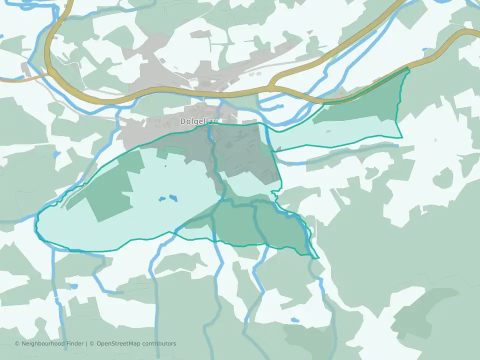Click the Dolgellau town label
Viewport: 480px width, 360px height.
199,121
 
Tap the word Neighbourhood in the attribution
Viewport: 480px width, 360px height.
41,343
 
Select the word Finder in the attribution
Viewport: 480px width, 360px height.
73,343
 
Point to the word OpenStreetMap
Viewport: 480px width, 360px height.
116,343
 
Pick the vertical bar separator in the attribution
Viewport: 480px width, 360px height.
86,343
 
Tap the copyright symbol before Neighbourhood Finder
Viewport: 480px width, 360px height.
17,343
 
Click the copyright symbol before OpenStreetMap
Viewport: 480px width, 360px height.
91,343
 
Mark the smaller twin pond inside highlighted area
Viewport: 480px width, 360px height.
162,199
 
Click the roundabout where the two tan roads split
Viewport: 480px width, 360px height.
270,88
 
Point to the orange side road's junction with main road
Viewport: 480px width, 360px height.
49,75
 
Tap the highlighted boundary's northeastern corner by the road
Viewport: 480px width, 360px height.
408,68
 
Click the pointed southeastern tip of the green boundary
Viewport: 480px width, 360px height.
318,258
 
